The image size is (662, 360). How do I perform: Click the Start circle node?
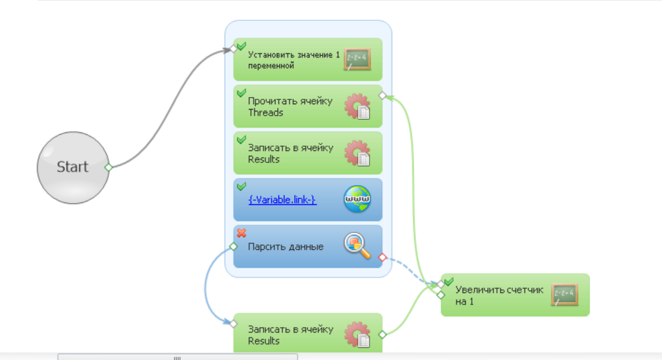[72, 167]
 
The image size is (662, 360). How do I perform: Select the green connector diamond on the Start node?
[108, 168]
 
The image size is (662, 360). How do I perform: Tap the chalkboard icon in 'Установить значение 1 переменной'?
[357, 59]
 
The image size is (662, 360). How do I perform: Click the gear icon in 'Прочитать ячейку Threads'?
[357, 106]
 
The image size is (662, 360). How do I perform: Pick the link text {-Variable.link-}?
[282, 199]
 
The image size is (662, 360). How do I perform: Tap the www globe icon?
[357, 199]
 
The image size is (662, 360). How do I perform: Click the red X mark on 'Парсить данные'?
[241, 233]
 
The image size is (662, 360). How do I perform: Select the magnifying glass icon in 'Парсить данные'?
[357, 246]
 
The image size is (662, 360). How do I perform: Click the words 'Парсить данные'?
[286, 247]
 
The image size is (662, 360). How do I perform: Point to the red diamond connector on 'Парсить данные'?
[382, 258]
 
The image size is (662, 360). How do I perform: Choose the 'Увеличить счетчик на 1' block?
[503, 295]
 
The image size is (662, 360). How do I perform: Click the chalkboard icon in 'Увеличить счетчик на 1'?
[564, 295]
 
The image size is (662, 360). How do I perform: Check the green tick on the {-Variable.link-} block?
[241, 186]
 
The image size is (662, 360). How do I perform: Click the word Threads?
[265, 113]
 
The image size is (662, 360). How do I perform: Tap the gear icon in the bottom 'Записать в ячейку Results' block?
[357, 334]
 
